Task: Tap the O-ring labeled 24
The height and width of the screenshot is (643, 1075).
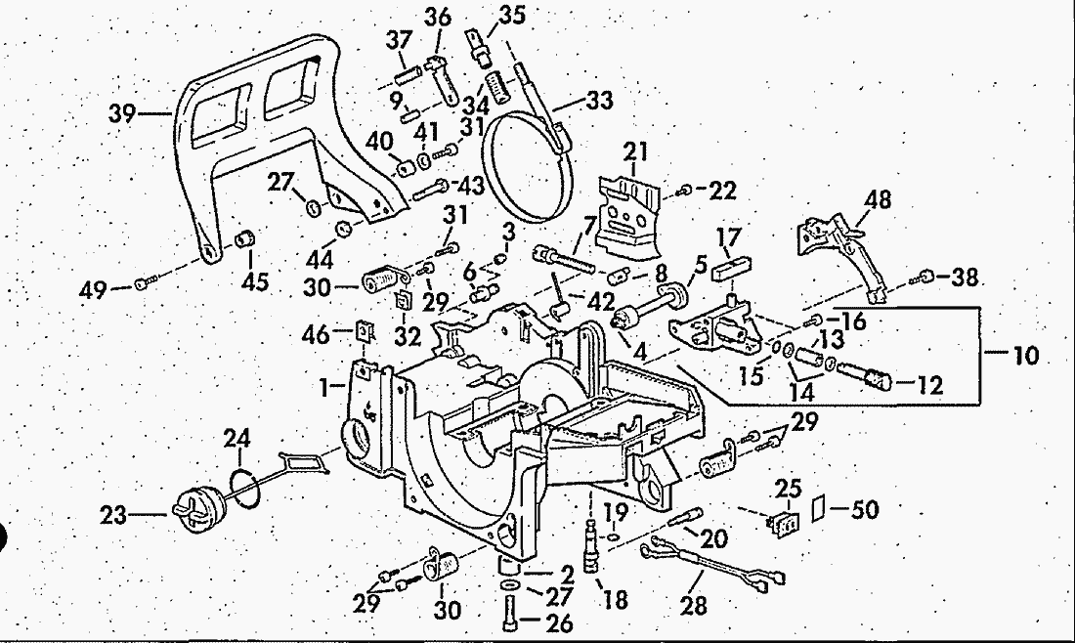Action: pyautogui.click(x=247, y=487)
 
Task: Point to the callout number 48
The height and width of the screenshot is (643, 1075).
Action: pyautogui.click(x=878, y=200)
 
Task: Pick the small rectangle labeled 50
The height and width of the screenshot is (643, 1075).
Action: pyautogui.click(x=819, y=509)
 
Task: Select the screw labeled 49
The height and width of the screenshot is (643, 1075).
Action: pyautogui.click(x=145, y=283)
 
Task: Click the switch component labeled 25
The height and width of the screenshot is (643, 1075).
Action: pyautogui.click(x=784, y=519)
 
